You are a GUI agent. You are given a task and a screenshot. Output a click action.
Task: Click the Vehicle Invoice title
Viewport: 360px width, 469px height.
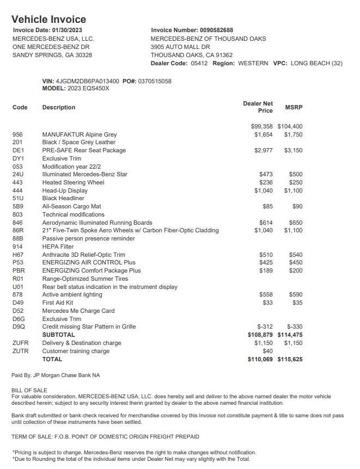(48, 19)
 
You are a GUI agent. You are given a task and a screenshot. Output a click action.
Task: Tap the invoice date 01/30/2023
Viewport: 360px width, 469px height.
(67, 30)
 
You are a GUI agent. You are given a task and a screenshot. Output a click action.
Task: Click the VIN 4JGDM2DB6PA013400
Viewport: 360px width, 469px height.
(87, 81)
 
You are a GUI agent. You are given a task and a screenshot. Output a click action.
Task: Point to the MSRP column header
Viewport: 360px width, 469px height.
(294, 107)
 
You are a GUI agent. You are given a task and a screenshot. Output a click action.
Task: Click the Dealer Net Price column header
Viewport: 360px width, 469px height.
(258, 107)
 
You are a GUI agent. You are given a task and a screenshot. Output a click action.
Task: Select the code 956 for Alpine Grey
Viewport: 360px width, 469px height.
(17, 134)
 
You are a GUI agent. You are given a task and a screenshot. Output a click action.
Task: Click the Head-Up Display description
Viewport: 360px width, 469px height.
(65, 191)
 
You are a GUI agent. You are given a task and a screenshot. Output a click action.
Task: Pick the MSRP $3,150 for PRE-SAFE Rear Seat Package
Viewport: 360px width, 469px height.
(293, 151)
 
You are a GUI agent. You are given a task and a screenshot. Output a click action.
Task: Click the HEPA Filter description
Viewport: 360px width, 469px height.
(58, 247)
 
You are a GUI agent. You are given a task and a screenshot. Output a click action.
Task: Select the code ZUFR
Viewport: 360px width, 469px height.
(20, 343)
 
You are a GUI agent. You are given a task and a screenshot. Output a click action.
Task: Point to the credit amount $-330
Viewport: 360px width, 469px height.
(294, 327)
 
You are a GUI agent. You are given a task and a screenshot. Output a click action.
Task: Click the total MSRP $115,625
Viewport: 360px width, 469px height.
(290, 360)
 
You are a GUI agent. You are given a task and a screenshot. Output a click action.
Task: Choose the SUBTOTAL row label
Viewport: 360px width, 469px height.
(58, 335)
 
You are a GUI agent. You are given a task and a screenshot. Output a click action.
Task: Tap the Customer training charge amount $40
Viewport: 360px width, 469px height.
(267, 351)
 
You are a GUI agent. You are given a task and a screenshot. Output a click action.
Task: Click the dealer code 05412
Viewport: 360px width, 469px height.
(199, 64)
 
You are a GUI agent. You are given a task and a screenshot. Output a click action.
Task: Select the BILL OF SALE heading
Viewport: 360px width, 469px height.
(29, 391)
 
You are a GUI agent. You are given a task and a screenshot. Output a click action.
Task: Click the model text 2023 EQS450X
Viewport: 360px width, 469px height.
(88, 89)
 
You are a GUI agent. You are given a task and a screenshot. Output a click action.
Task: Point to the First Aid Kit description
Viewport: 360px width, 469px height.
(58, 303)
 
